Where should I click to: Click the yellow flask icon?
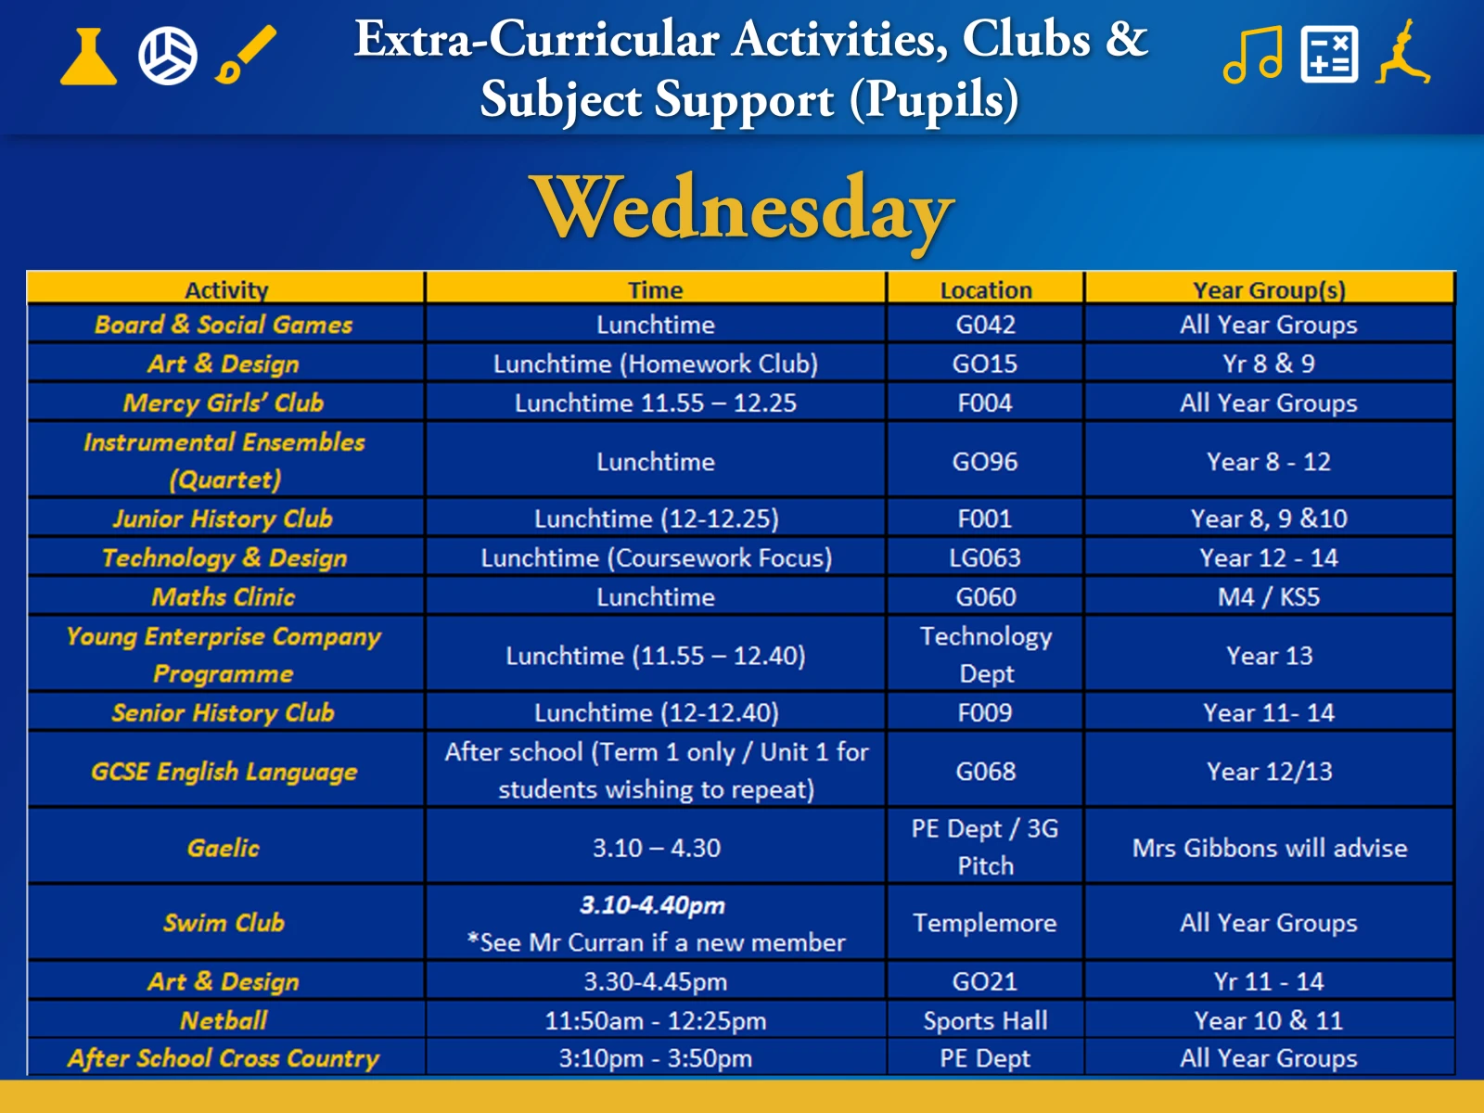click(x=88, y=57)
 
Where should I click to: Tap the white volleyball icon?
click(x=168, y=56)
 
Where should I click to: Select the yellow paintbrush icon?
click(x=246, y=54)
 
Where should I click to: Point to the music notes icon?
click(x=1253, y=54)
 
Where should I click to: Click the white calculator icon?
click(x=1329, y=54)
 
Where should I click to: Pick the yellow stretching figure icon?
click(x=1403, y=52)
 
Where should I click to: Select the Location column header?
click(x=986, y=290)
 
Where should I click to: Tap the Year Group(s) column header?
click(x=1269, y=290)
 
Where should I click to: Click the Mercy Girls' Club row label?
click(x=224, y=403)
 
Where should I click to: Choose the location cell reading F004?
click(x=985, y=403)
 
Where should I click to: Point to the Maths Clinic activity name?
click(x=224, y=596)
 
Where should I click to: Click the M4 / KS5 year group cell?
click(x=1269, y=596)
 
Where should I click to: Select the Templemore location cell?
click(x=985, y=923)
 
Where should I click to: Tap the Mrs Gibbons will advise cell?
click(x=1270, y=848)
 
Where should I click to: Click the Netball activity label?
click(x=224, y=1020)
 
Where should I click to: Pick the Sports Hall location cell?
click(x=985, y=1020)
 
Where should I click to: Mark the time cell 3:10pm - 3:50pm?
click(x=655, y=1058)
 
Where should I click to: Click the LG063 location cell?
click(x=985, y=557)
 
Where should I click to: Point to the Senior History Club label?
click(x=224, y=713)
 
